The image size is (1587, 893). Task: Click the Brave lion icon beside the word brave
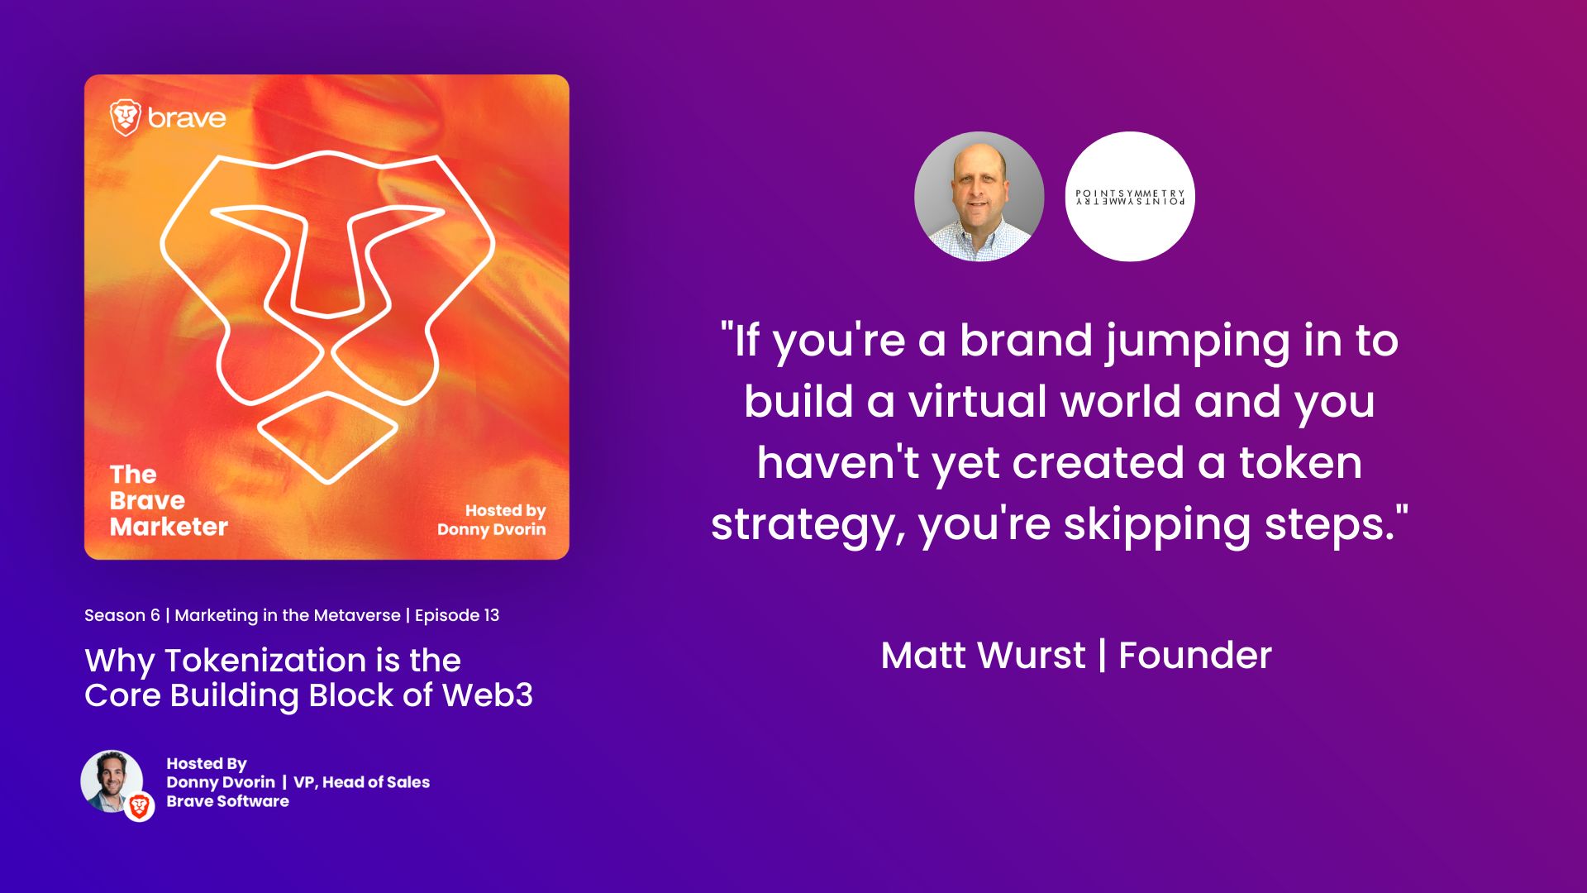coord(126,117)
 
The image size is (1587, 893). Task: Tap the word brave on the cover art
coord(187,118)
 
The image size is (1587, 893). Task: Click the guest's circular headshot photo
coord(979,197)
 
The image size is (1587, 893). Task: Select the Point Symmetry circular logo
coord(1130,197)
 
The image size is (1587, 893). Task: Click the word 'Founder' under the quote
coord(1194,656)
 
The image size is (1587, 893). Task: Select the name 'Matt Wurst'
coord(983,656)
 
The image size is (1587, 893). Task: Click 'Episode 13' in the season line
coord(457,615)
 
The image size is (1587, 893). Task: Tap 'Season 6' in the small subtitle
coord(122,615)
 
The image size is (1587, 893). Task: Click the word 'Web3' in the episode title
coord(488,695)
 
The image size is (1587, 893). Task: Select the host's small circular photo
coord(112,781)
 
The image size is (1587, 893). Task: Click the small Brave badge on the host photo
coord(140,806)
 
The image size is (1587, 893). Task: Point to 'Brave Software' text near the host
coord(227,801)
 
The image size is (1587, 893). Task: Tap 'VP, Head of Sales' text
coord(361,782)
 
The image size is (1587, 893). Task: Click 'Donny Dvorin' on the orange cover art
coord(491,529)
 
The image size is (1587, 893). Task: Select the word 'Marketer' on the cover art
coord(169,527)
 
